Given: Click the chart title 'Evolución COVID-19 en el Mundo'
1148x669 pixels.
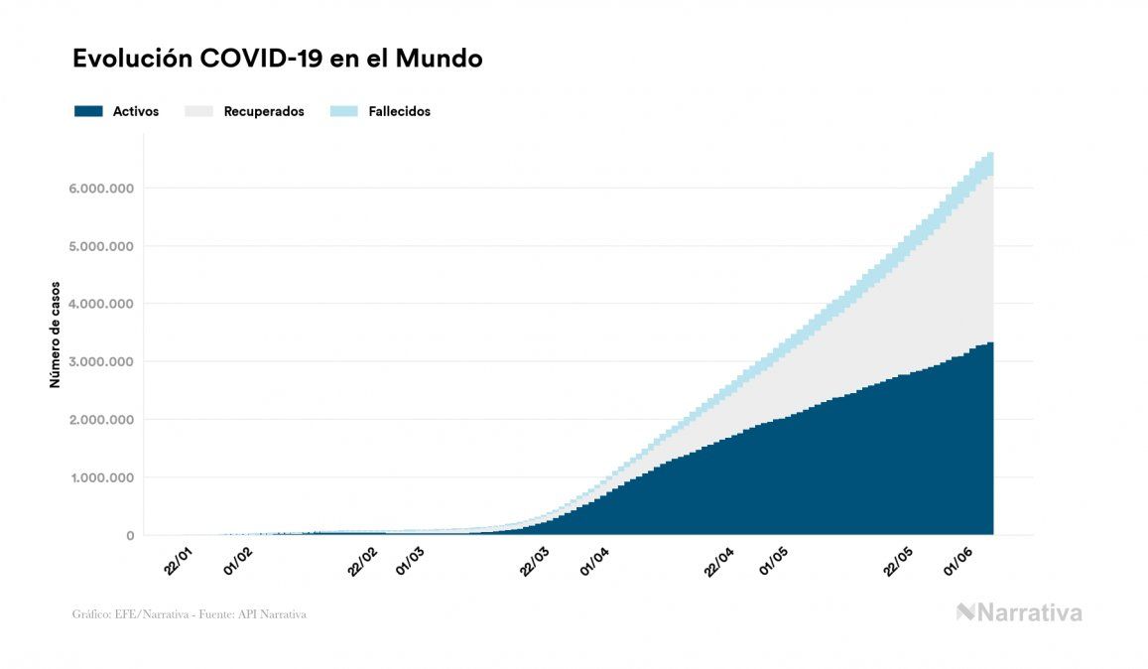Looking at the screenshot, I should pos(278,59).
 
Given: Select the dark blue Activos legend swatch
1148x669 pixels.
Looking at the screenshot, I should pos(88,111).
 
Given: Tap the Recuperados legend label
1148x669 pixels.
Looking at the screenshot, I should pos(264,111).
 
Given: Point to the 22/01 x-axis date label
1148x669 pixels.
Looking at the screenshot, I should pos(180,561).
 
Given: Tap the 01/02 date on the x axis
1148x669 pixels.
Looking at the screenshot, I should pos(239,561).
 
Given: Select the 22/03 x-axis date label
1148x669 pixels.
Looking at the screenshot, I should pos(535,561).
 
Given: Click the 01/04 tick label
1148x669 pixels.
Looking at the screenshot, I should pos(594,561).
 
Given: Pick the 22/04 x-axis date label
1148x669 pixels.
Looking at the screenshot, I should pos(718,561).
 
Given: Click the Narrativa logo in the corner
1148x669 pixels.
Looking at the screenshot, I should pos(1019,612).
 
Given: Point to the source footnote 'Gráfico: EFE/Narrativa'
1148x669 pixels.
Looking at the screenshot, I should pos(190,614).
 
